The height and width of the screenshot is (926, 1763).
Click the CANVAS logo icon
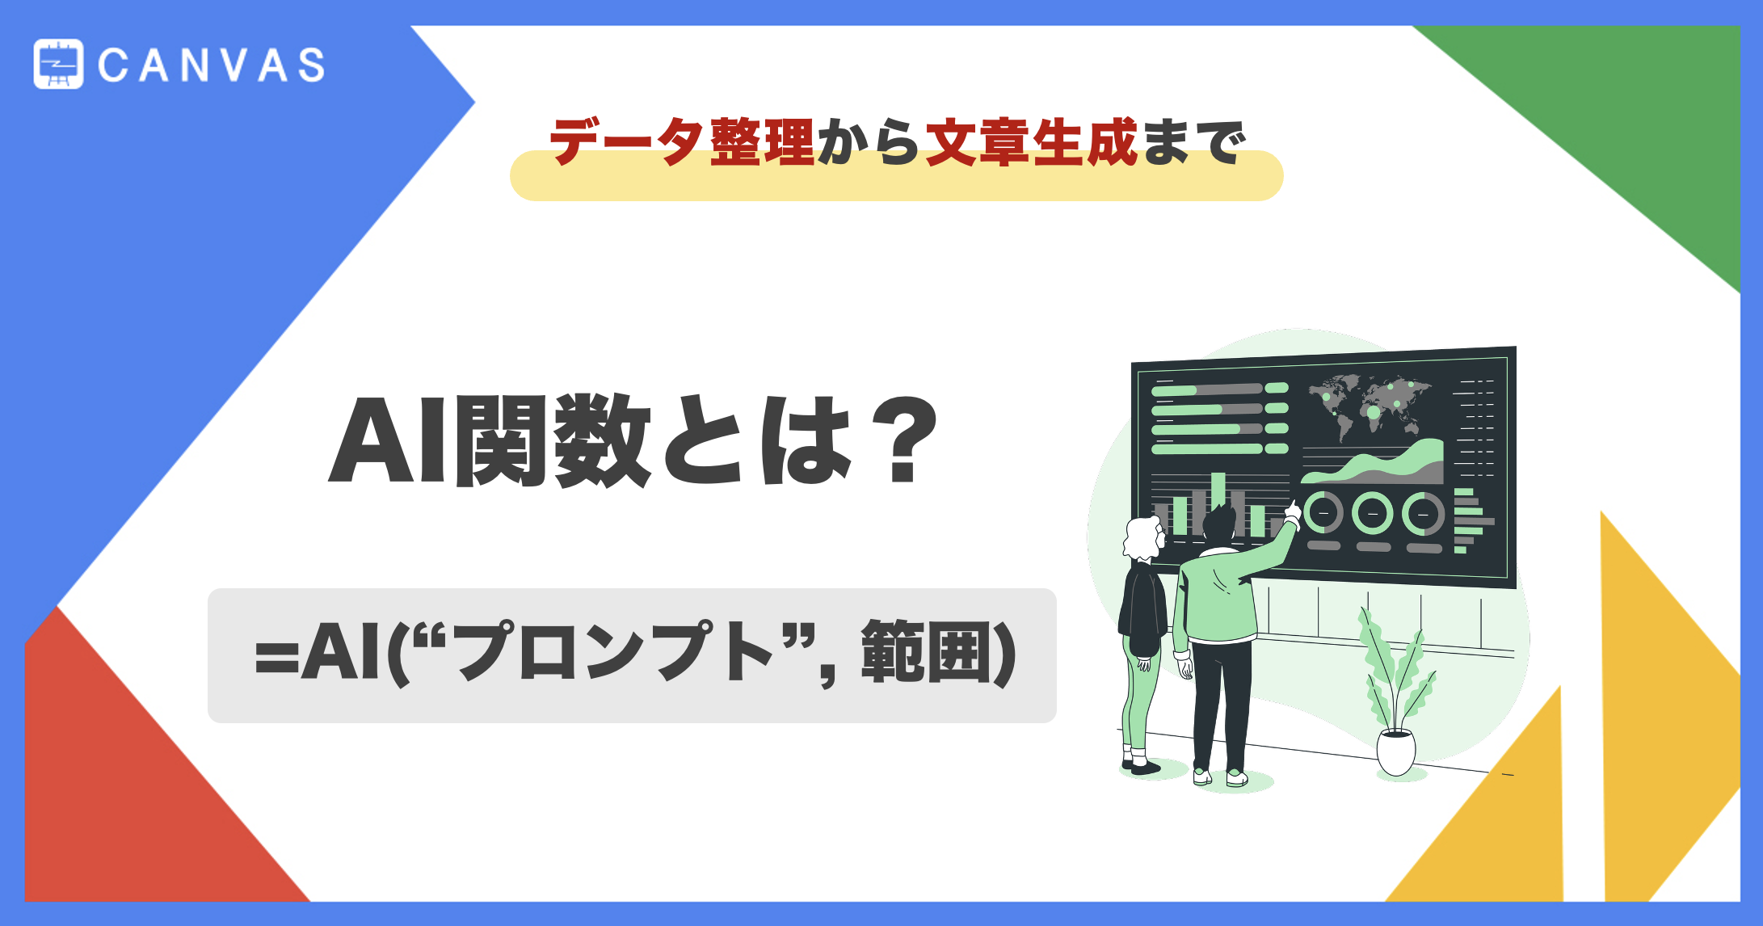tap(58, 64)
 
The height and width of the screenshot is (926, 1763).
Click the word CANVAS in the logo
tap(212, 65)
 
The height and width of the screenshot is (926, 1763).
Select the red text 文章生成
tap(1031, 142)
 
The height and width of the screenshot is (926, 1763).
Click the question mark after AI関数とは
tap(910, 440)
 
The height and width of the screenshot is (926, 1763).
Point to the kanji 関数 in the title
tap(553, 440)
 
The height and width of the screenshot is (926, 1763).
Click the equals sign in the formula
tap(276, 656)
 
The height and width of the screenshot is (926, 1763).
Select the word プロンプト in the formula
tap(616, 653)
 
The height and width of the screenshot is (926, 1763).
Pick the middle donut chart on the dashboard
tap(1372, 513)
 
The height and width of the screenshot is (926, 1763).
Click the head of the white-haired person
tap(1142, 537)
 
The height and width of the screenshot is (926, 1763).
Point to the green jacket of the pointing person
tap(1216, 598)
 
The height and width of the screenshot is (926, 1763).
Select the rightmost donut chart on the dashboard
tap(1422, 514)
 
